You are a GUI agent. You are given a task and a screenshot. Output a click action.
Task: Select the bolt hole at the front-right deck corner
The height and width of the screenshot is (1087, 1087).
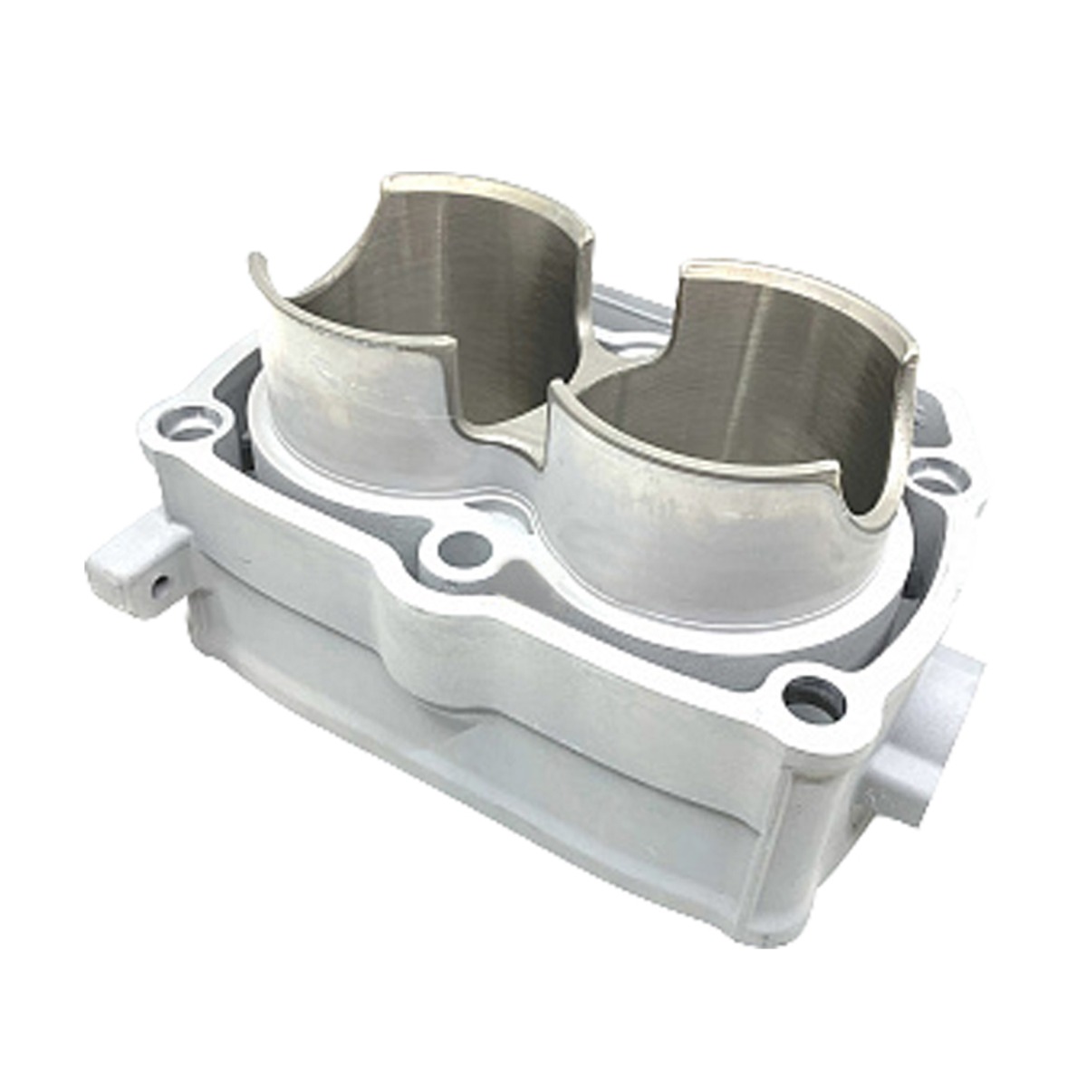tap(814, 699)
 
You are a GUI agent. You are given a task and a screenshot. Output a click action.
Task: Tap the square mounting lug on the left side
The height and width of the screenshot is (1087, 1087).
tap(136, 562)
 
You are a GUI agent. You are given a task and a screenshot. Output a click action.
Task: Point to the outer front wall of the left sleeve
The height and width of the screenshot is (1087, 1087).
tap(353, 408)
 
